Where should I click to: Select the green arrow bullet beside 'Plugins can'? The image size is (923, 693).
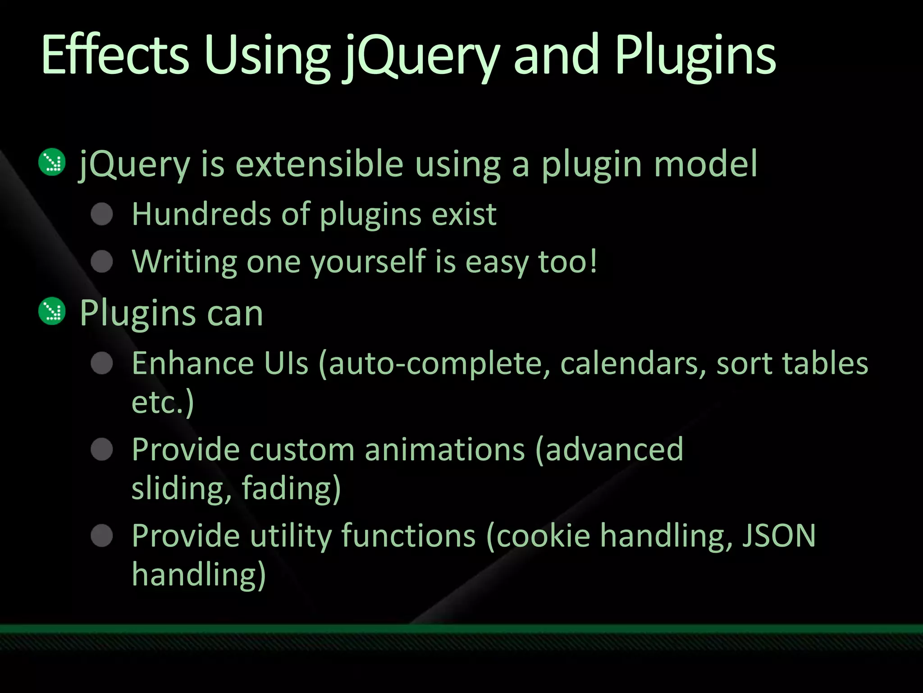point(52,311)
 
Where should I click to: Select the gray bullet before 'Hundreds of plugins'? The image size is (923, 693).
point(102,214)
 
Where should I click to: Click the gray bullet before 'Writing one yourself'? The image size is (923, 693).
point(102,262)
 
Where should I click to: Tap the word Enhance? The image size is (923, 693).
point(193,363)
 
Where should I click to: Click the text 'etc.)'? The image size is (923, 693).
point(163,402)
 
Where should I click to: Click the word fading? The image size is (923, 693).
point(291,488)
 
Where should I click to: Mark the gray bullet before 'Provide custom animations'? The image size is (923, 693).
point(102,449)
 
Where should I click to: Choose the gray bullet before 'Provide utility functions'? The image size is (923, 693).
point(102,536)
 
